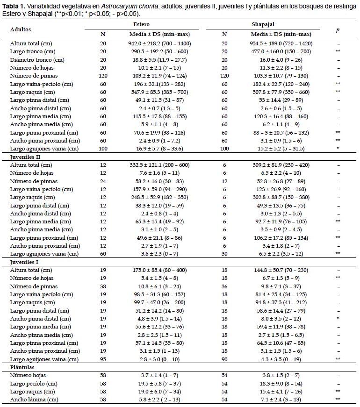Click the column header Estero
(x=141, y=24)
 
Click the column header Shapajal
(x=263, y=24)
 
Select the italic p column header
(x=338, y=30)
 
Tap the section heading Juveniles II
(x=25, y=157)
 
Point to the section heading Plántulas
(x=22, y=367)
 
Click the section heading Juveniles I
(x=24, y=262)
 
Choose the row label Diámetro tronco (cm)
(x=37, y=60)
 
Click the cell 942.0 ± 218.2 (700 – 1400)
(x=159, y=43)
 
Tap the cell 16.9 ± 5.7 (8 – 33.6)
(x=159, y=149)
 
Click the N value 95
(x=103, y=359)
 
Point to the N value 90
(x=225, y=359)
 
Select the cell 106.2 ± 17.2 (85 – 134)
(x=281, y=238)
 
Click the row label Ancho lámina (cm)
(x=34, y=400)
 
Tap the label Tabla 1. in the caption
(x=14, y=6)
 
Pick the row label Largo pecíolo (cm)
(x=34, y=383)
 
